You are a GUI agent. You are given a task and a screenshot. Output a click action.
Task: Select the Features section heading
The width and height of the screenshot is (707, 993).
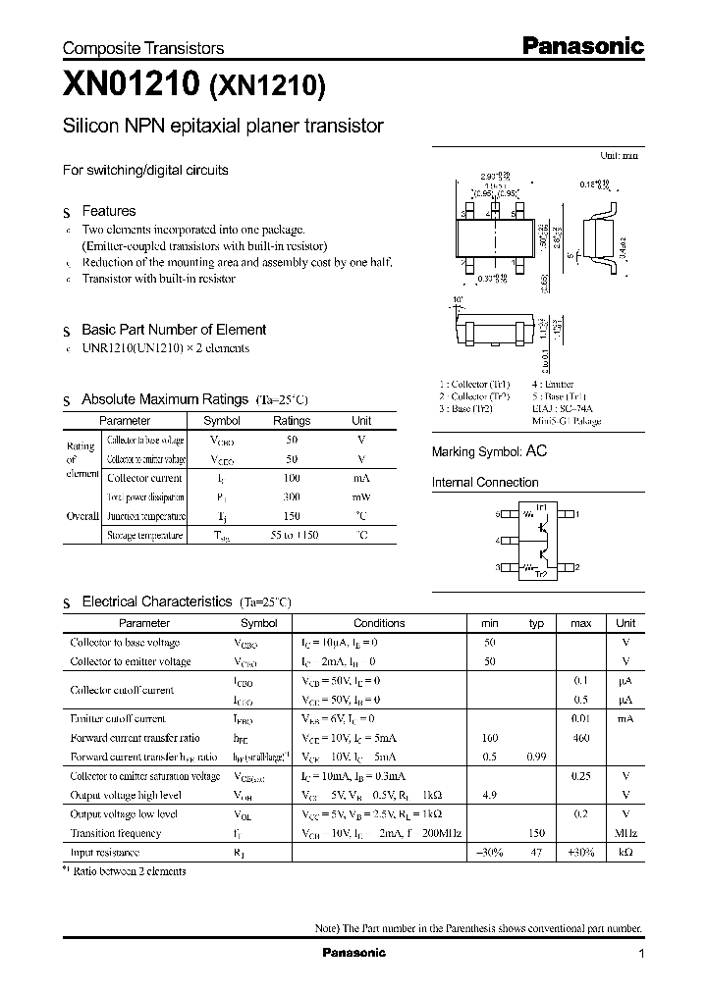tap(108, 211)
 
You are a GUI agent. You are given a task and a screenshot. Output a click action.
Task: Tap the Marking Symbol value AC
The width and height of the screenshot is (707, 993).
tap(536, 451)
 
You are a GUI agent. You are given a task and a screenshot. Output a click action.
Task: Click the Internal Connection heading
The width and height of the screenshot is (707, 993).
tap(485, 483)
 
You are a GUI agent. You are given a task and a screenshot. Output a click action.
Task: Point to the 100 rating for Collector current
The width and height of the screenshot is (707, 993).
tap(291, 478)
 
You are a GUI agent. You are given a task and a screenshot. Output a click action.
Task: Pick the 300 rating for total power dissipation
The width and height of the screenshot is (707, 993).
tap(291, 497)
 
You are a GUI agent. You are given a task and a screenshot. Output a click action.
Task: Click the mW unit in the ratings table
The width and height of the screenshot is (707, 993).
tap(361, 497)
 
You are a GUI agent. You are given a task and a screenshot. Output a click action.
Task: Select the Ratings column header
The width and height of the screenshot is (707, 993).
tap(291, 420)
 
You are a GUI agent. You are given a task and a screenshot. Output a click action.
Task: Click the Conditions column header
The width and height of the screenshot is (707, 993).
tap(379, 623)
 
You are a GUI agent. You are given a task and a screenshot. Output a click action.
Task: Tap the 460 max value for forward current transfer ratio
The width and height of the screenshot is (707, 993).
tap(580, 738)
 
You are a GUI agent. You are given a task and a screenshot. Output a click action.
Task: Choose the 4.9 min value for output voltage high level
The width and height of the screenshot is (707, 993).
tap(490, 795)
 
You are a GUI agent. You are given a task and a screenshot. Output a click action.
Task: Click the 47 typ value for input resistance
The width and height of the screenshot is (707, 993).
tap(536, 853)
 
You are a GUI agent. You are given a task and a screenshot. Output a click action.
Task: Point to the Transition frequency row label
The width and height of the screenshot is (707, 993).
tap(116, 833)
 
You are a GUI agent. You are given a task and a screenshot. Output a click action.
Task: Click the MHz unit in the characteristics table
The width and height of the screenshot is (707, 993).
tap(625, 833)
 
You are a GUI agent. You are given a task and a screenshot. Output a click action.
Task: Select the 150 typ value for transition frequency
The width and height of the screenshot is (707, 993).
tap(536, 833)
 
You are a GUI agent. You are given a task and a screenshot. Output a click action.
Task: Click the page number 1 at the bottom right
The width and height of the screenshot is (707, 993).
tap(641, 954)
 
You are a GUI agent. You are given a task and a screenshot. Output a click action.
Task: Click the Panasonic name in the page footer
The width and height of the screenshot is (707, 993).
tap(354, 953)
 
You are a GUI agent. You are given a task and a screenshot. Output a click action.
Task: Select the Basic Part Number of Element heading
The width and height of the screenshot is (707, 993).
tap(173, 330)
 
